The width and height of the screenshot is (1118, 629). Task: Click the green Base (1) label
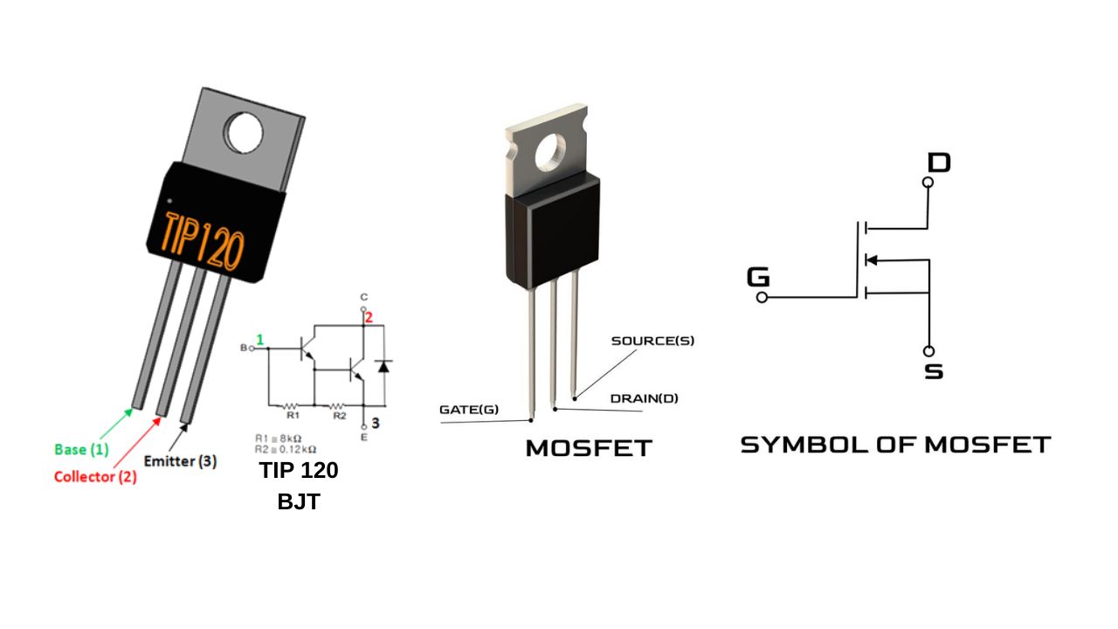click(82, 450)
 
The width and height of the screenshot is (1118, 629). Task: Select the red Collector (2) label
click(95, 477)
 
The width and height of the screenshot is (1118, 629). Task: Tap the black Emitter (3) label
click(180, 460)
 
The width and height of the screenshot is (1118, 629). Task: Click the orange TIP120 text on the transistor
click(203, 238)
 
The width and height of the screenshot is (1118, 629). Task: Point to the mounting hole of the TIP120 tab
click(244, 133)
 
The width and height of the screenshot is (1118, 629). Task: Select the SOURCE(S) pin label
click(652, 341)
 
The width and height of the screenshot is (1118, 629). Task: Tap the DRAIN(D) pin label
click(644, 398)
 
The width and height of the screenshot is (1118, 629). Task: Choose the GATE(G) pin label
click(469, 409)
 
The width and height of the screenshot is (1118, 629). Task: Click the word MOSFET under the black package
click(589, 449)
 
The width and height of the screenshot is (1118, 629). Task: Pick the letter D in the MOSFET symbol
click(939, 162)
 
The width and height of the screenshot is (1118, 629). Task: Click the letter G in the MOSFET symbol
click(758, 278)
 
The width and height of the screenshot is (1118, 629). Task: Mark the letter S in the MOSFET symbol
click(934, 371)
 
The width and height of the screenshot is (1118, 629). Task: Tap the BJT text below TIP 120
click(299, 501)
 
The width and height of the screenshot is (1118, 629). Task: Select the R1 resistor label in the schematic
click(293, 416)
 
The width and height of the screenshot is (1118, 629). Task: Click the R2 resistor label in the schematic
click(339, 416)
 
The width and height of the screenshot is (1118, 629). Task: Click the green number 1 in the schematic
click(259, 339)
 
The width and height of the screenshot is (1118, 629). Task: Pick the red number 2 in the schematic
click(369, 318)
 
